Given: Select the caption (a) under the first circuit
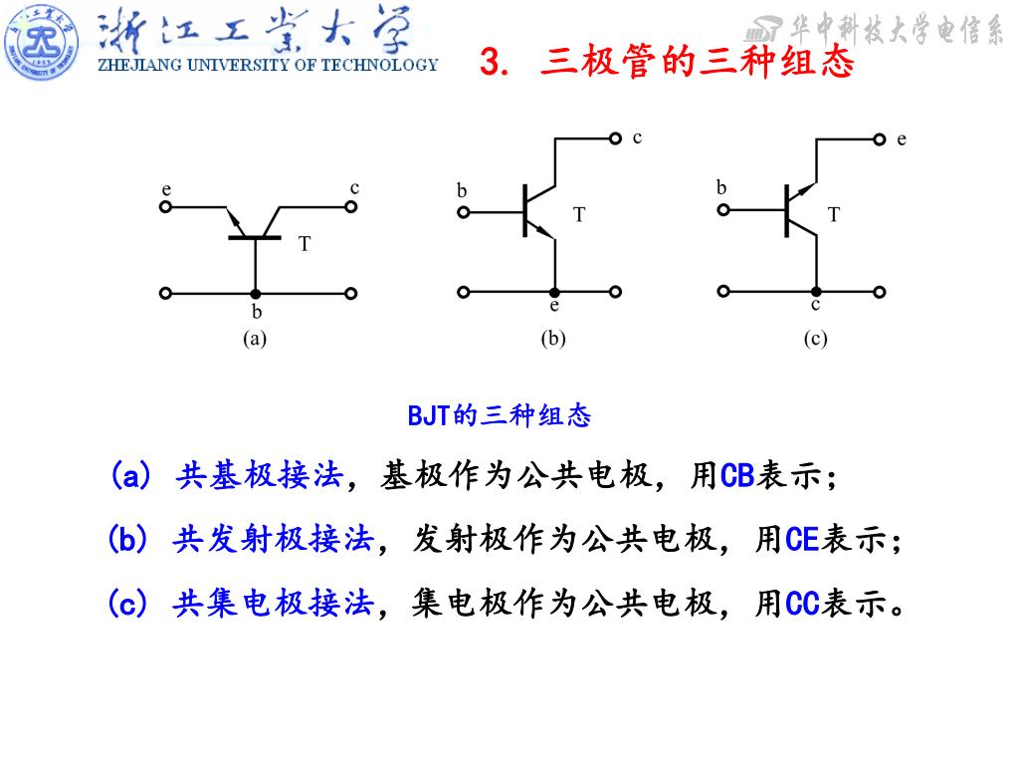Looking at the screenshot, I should point(256,339).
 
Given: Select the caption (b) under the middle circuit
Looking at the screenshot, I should point(553,339).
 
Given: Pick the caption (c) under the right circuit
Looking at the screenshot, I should point(816,339).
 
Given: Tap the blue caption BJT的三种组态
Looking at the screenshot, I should point(500,415).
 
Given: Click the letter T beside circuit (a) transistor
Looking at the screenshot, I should point(306,243).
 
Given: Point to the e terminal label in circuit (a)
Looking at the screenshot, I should point(166,189).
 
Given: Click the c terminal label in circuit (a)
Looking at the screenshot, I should point(354,187).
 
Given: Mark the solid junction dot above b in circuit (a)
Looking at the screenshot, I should point(256,294).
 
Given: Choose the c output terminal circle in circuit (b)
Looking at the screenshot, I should point(617,138).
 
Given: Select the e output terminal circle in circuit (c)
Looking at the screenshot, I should point(880,139).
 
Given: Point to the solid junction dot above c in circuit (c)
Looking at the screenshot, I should point(816,292).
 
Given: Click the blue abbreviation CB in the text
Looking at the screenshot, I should point(736,476).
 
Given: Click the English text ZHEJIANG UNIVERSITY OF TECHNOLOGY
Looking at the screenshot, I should point(267,66).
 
